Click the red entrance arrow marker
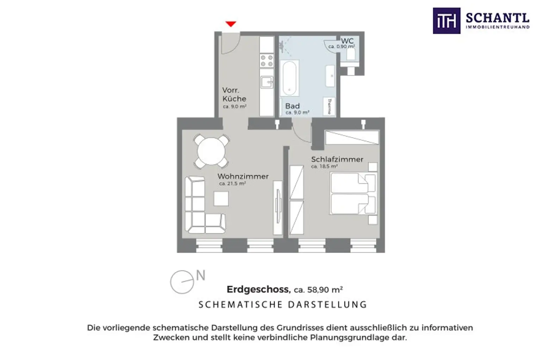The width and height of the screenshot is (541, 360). [x=231, y=24]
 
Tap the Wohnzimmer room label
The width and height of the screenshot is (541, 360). [x=243, y=176]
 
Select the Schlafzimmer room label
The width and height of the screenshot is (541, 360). [x=337, y=159]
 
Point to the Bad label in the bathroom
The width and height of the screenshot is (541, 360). [x=292, y=106]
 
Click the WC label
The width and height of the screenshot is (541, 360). [x=347, y=41]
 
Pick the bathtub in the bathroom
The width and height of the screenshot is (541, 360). [x=289, y=78]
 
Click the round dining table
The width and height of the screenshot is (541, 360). [x=211, y=151]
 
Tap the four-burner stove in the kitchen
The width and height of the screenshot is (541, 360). [x=267, y=61]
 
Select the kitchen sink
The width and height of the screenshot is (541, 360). [x=267, y=82]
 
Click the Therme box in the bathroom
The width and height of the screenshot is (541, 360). [x=329, y=106]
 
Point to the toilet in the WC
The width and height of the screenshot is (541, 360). [x=351, y=55]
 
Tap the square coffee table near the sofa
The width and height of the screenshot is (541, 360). [x=221, y=198]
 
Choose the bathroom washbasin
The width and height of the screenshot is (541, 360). [x=330, y=76]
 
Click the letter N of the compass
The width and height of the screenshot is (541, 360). [x=201, y=275]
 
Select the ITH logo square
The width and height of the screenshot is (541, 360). [x=447, y=21]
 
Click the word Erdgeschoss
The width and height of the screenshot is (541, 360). [x=259, y=289]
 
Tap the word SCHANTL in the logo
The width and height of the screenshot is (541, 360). [x=498, y=18]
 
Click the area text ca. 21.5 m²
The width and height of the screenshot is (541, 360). [x=232, y=184]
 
